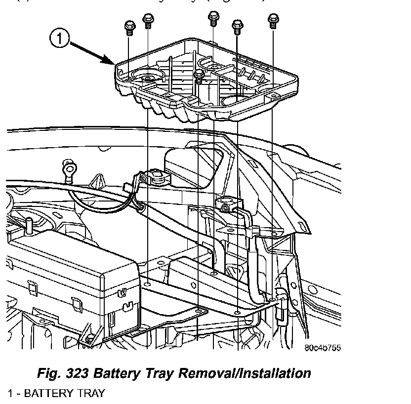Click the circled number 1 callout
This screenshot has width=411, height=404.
click(x=59, y=39)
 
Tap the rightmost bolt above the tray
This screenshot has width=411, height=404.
click(x=272, y=21)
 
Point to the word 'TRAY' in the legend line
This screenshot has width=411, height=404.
click(x=91, y=393)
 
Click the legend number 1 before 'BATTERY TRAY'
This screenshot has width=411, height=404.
click(x=10, y=393)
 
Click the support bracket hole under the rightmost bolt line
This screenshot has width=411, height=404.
click(x=273, y=299)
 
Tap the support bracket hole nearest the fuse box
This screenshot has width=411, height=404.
click(x=148, y=285)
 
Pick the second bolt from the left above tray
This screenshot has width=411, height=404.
click(x=147, y=21)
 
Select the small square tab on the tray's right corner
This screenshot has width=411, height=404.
click(x=275, y=92)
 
